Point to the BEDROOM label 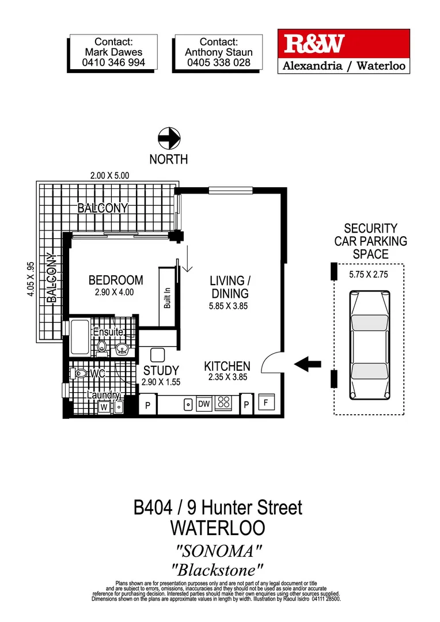click(x=115, y=280)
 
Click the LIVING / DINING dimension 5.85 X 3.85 click(x=229, y=306)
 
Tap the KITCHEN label click(x=227, y=366)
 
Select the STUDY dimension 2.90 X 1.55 click(x=161, y=382)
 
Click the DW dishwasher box click(x=204, y=404)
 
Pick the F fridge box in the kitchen click(x=266, y=403)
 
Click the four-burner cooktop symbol click(x=223, y=404)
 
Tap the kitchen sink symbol click(x=188, y=404)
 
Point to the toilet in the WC click(x=81, y=374)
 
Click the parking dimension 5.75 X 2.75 click(x=369, y=275)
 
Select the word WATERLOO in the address click(x=218, y=528)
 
